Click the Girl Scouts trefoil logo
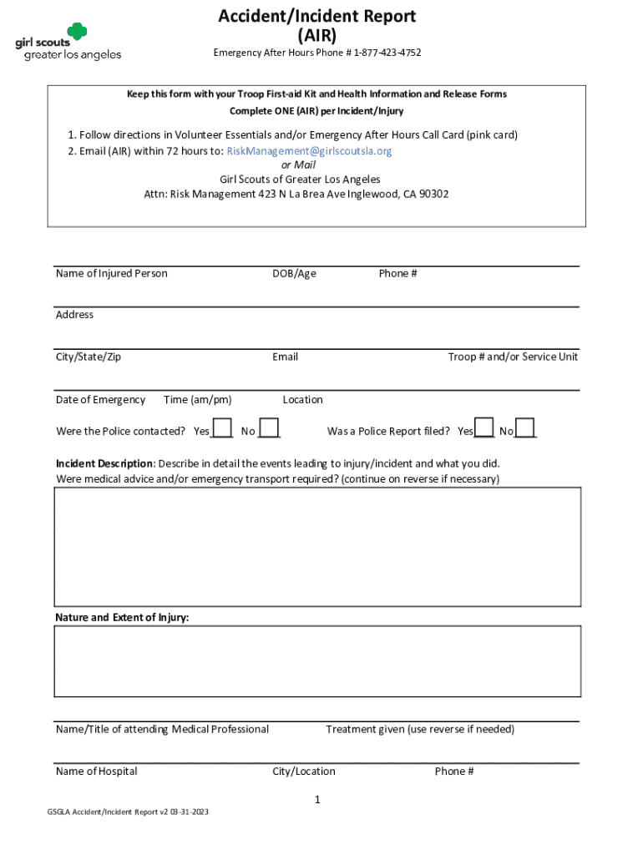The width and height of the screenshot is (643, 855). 77,32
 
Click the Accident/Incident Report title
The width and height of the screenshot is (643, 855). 316,16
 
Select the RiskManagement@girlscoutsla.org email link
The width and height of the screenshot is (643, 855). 309,151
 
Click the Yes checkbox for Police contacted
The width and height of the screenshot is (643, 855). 221,427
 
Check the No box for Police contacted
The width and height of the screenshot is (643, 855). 269,427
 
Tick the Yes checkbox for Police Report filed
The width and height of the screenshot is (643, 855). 484,427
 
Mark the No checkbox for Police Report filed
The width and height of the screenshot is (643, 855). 525,427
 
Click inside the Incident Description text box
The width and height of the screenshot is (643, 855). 317,546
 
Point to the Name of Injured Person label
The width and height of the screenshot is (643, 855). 111,274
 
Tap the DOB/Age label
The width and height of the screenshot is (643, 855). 294,274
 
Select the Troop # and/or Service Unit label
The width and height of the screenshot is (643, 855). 513,357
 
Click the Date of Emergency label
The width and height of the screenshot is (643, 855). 100,400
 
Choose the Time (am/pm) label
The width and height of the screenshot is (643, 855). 198,400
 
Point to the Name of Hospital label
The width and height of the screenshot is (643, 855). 96,772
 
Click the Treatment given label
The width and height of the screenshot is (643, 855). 420,730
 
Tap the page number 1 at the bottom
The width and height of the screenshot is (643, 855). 317,800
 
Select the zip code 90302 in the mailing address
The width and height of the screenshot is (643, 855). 433,195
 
